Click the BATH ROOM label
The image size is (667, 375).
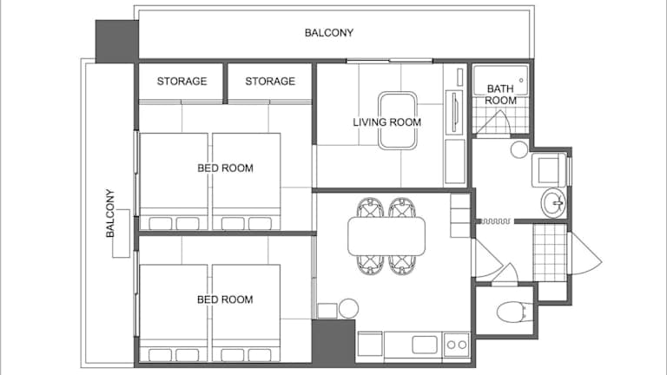tap(500, 95)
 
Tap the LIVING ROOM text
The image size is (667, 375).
tap(387, 122)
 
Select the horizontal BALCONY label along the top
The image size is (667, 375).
tap(329, 33)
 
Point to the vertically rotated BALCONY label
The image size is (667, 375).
tap(110, 214)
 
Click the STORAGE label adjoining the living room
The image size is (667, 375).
tap(270, 82)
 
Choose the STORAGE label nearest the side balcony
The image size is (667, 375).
tap(182, 82)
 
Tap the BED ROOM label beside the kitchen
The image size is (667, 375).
tap(225, 299)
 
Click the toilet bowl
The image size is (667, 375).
tap(514, 312)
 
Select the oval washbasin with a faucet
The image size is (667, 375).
tap(553, 203)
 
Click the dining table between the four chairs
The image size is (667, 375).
tap(386, 236)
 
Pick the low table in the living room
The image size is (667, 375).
tap(398, 121)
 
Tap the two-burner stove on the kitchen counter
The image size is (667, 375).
tap(457, 345)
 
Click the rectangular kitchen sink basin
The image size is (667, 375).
tap(425, 345)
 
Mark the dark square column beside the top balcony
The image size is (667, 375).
tap(116, 42)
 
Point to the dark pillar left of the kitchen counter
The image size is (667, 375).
tap(333, 341)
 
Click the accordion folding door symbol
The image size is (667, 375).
tap(496, 221)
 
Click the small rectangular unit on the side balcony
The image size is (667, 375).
tap(122, 233)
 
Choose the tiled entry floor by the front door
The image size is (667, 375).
tap(550, 253)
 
